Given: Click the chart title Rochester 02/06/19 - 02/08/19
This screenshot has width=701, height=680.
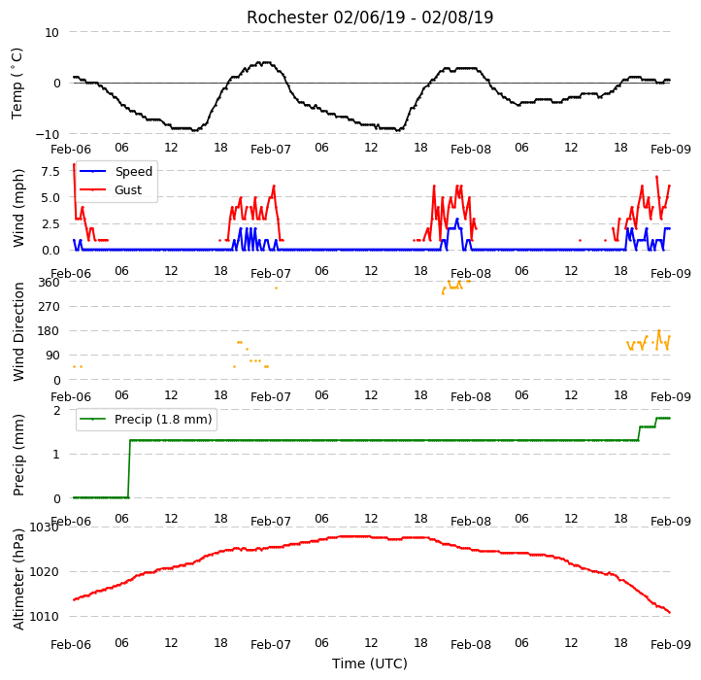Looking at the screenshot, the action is pos(370,17).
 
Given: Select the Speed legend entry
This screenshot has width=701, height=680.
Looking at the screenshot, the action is pos(117,171).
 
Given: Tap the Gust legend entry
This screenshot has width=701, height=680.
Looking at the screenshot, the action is pos(111,189).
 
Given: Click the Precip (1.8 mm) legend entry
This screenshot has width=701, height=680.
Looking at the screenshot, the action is pos(146,420).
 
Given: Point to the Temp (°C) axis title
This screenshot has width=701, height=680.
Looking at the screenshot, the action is pos(17,84).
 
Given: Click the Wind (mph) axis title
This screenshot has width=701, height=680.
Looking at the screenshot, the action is pos(17,208).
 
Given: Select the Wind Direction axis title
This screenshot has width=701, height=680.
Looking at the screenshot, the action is pos(17,331).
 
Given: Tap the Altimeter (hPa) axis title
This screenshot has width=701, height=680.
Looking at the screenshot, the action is pos(17,579).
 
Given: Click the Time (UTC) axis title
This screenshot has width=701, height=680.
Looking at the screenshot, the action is pos(370,663).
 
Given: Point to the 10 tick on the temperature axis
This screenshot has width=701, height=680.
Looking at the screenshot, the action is pos(51,32).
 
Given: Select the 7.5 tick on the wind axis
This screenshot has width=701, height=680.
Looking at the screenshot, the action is pos(50,171).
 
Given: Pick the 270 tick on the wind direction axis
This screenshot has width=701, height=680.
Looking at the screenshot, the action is pos(49,307).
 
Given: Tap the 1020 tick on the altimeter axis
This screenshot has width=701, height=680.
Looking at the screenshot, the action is pos(44,572).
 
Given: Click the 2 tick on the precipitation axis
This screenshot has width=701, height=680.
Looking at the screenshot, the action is pos(56,410).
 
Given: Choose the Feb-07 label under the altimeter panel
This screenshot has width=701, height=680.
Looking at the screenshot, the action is pos(271,645).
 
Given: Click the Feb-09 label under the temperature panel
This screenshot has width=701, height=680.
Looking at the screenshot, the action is pos(671,149).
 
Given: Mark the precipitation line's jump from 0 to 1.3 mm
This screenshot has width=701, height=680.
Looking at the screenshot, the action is pos(129,469).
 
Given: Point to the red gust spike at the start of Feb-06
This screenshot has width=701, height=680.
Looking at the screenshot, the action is pos(75,191).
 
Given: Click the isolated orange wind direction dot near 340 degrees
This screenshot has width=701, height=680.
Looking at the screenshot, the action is pos(276,289).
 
